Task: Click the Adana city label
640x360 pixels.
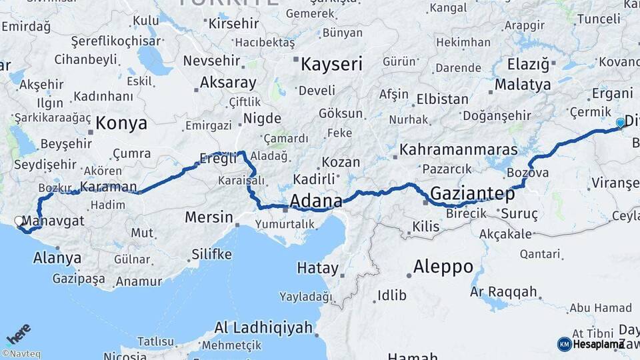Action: coord(316,201)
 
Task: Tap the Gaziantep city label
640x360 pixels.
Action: coord(473,194)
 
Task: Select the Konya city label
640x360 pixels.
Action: coord(121,123)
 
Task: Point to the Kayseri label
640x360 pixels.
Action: coord(331,64)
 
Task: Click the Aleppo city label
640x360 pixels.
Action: coord(443,267)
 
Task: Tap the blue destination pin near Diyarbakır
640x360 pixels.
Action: coord(621,123)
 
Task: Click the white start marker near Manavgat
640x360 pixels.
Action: coord(19,220)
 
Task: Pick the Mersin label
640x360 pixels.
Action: coord(209,217)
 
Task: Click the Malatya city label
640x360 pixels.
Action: coord(523,85)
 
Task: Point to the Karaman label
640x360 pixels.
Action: coord(108,187)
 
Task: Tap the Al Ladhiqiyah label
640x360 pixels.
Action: coord(263,327)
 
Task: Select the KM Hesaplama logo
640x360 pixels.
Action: coord(591,344)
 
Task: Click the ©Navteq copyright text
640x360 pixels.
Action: coord(21,354)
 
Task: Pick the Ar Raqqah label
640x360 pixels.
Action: coord(503,292)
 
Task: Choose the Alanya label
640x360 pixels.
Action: coord(57,258)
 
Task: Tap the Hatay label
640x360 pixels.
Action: coord(317,268)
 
